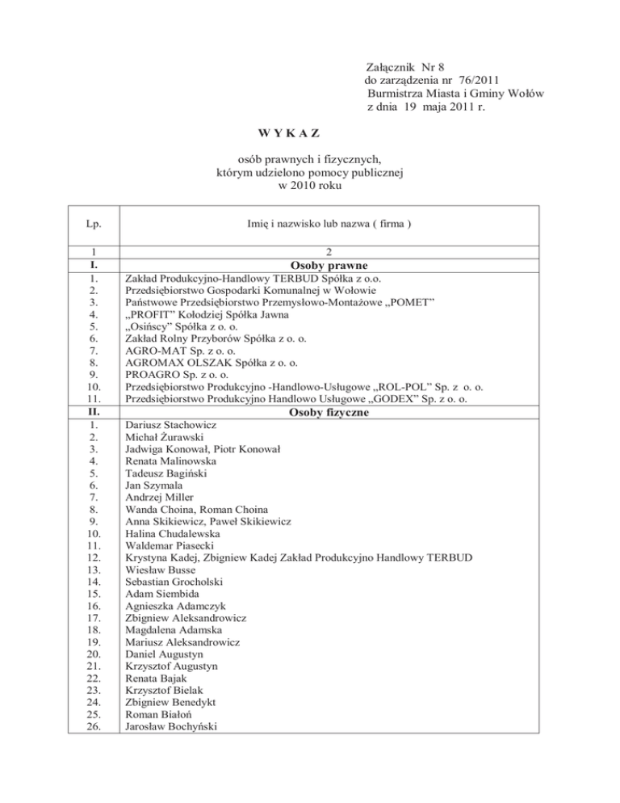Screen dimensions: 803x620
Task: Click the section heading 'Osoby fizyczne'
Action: [322, 412]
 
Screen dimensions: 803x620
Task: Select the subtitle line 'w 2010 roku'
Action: [310, 187]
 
